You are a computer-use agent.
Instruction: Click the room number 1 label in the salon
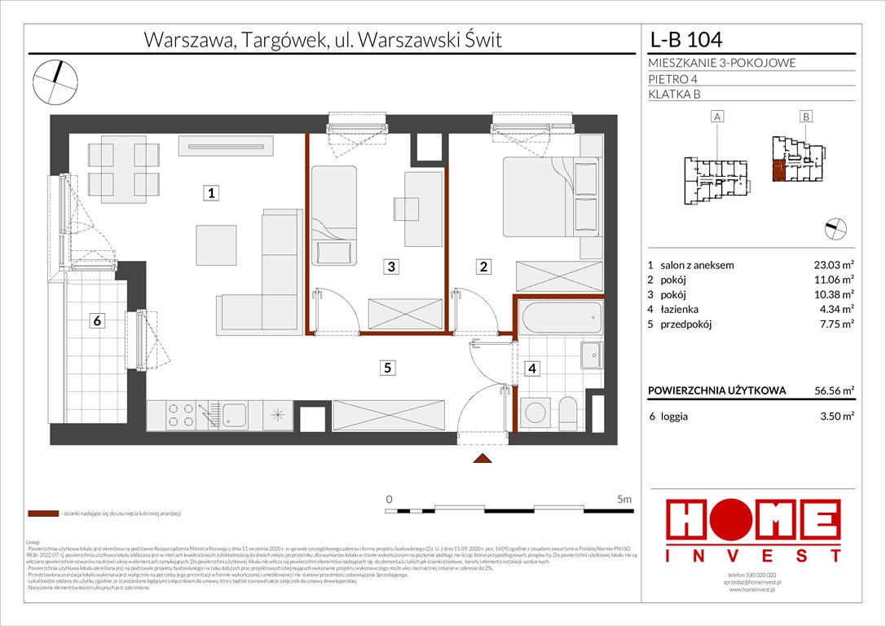click(x=210, y=193)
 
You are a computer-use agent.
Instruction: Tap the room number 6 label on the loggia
click(x=96, y=321)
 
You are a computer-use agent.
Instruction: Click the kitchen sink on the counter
click(x=235, y=414)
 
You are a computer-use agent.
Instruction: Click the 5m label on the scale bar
click(x=625, y=498)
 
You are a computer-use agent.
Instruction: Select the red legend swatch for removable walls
click(x=42, y=514)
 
